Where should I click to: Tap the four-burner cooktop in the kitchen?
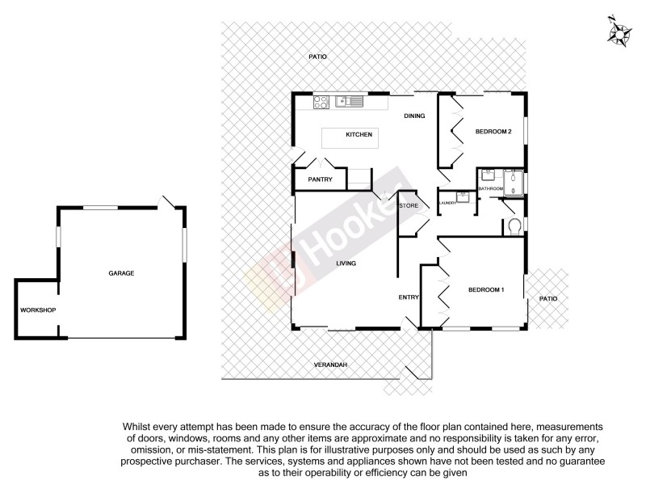[x=321, y=102]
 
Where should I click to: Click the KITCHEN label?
[x=359, y=134]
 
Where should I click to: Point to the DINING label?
[x=414, y=116]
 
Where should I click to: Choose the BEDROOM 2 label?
[x=493, y=132]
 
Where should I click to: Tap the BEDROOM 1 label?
[x=486, y=289]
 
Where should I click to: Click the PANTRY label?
[x=320, y=179]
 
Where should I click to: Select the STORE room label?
[x=409, y=207]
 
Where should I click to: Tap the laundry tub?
[x=463, y=196]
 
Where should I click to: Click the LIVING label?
[x=346, y=264]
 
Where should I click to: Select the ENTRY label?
[x=409, y=297]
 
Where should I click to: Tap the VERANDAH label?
[x=330, y=365]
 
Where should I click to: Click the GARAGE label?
[x=121, y=273]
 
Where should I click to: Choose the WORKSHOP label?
[x=38, y=310]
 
